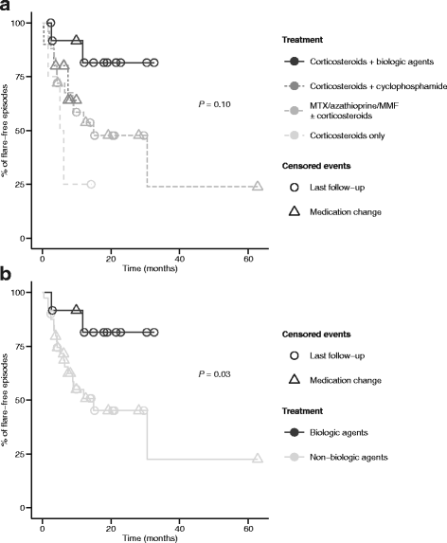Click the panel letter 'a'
coord(7,8)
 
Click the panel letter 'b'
coord(7,280)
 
